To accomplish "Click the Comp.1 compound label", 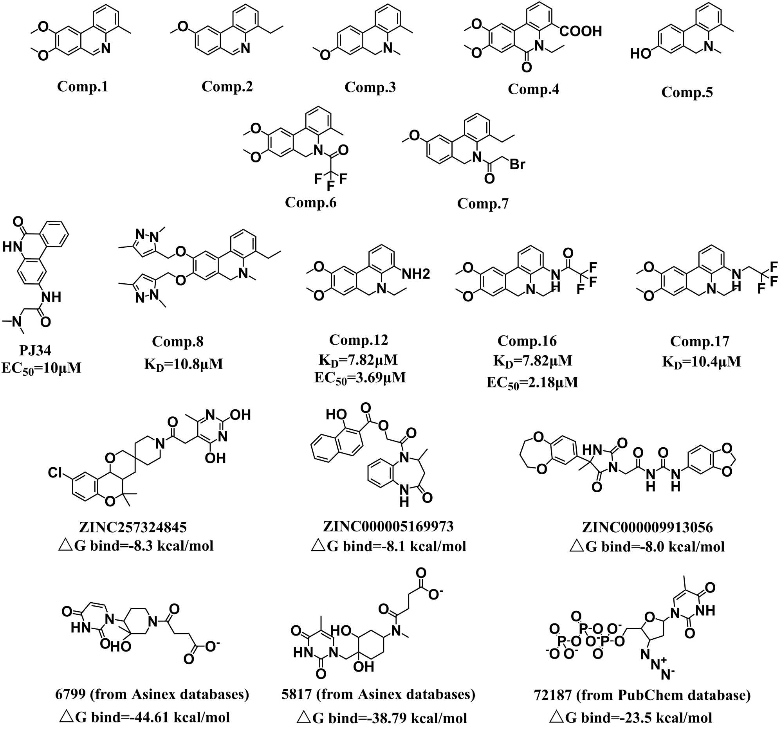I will point(82,86).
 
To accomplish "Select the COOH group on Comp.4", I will point(581,31).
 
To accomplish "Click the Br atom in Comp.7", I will point(517,164).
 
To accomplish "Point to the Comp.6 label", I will point(311,202).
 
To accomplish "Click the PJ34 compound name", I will point(35,350).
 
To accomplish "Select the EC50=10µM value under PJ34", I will point(41,369).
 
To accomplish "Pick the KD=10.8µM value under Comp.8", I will point(184,364).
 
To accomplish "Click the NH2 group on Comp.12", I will point(416,274).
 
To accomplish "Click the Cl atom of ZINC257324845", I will point(55,472).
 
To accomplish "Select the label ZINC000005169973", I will point(388,526).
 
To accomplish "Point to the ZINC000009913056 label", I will point(648,527).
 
